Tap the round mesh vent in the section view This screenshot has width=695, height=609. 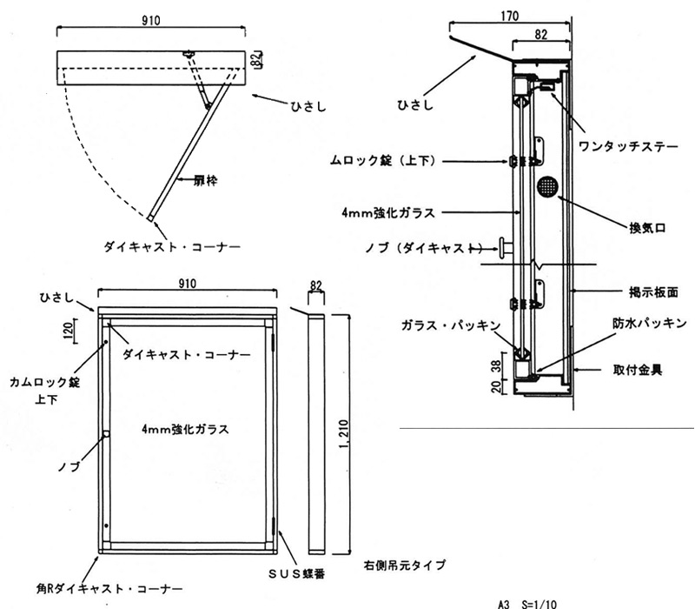click(547, 187)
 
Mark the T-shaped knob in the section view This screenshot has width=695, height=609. click(504, 249)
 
